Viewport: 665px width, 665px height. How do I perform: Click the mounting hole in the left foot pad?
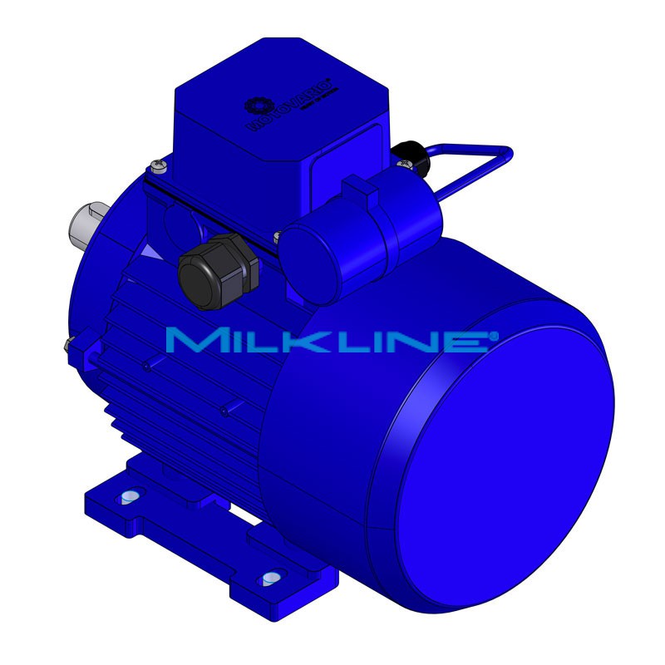tap(128, 497)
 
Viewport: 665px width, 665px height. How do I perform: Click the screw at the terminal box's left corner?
tap(158, 168)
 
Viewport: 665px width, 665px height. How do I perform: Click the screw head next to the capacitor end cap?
tap(280, 236)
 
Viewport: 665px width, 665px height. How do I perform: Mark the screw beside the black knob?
tap(403, 165)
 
